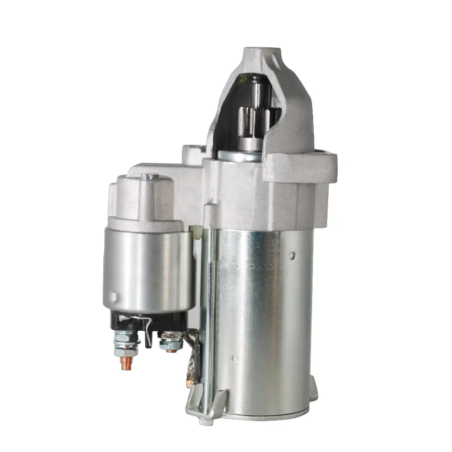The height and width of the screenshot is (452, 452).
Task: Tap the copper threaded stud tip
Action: [x=126, y=363]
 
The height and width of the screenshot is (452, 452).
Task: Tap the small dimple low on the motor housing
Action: [x=233, y=358]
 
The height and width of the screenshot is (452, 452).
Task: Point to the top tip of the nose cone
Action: [x=262, y=53]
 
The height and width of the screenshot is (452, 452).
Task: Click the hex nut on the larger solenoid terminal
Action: [x=126, y=340]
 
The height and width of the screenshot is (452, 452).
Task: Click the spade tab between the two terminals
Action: [x=149, y=332]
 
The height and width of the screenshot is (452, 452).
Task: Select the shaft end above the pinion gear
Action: [x=260, y=88]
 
